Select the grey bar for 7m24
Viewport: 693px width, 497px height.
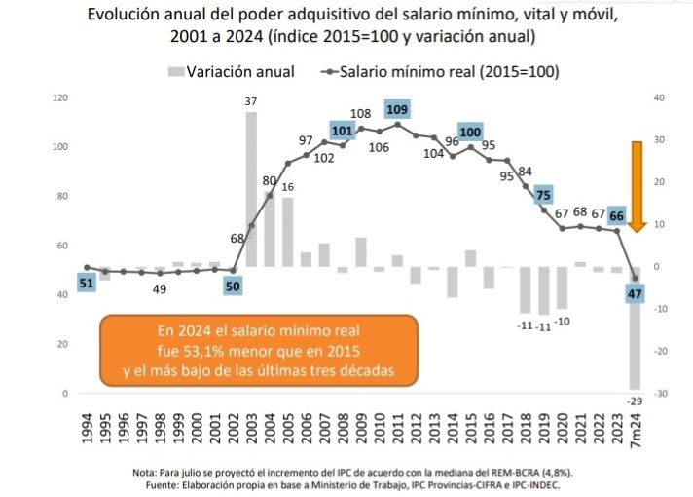tap(635, 331)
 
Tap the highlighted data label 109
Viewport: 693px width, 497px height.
tap(397, 109)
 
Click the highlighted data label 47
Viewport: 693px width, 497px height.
tap(636, 293)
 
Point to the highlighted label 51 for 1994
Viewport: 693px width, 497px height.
tap(87, 283)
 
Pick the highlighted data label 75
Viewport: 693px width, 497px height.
tap(543, 194)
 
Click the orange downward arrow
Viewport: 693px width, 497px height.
tap(638, 185)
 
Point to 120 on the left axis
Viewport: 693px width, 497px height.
tap(60, 98)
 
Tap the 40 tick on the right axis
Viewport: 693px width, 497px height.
tap(659, 98)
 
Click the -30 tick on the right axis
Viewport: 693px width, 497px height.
tap(659, 394)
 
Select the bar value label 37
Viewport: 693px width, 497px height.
tap(251, 101)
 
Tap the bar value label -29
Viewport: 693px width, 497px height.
tap(635, 401)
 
